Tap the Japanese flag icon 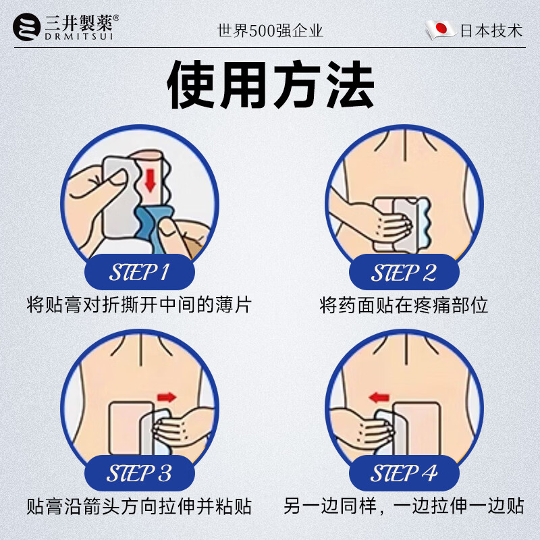click(439, 30)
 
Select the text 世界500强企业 click(270, 31)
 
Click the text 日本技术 click(491, 31)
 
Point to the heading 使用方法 click(270, 86)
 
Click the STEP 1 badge click(139, 273)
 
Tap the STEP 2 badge click(404, 273)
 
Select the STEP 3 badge click(139, 473)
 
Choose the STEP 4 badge click(404, 473)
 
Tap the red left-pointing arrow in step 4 click(380, 396)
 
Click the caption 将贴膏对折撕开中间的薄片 click(139, 305)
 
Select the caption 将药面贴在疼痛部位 click(404, 305)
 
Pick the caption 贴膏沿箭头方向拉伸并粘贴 click(139, 506)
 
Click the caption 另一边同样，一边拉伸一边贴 click(404, 506)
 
